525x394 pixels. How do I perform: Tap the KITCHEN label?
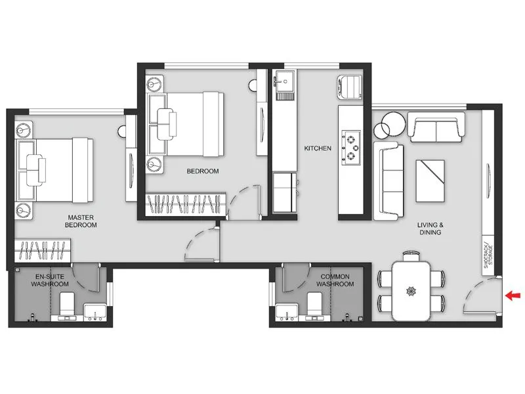pyautogui.click(x=317, y=149)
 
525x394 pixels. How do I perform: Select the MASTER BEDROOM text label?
pyautogui.click(x=81, y=221)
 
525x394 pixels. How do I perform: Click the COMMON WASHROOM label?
pyautogui.click(x=335, y=280)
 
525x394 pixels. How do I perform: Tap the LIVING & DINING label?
pyautogui.click(x=430, y=228)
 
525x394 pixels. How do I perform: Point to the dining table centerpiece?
pyautogui.click(x=411, y=290)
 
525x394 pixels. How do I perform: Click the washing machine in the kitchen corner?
pyautogui.click(x=350, y=87)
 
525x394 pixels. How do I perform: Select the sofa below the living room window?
pyautogui.click(x=435, y=126)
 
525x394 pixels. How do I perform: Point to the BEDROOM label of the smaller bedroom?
pyautogui.click(x=202, y=171)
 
